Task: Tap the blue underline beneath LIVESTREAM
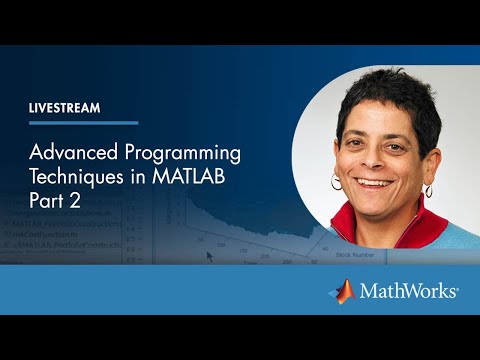click(83, 123)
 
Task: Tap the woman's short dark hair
click(385, 95)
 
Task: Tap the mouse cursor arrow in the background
click(210, 255)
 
